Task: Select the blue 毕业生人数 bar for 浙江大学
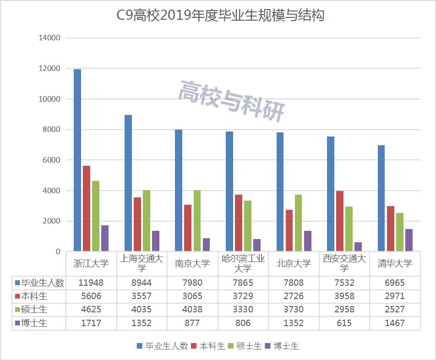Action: (78, 160)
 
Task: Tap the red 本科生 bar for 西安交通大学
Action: (339, 221)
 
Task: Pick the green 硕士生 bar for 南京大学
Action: (197, 221)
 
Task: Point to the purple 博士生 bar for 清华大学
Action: (409, 240)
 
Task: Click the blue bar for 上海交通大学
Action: (128, 183)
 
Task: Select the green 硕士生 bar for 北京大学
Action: (298, 223)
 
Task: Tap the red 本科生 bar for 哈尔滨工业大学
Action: (238, 223)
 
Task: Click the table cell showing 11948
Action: (91, 283)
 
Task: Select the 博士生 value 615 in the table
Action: (343, 323)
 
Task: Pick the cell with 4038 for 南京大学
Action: (192, 310)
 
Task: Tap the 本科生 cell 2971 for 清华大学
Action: (394, 296)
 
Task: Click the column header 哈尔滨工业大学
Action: (243, 263)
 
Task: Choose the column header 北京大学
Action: (294, 263)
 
